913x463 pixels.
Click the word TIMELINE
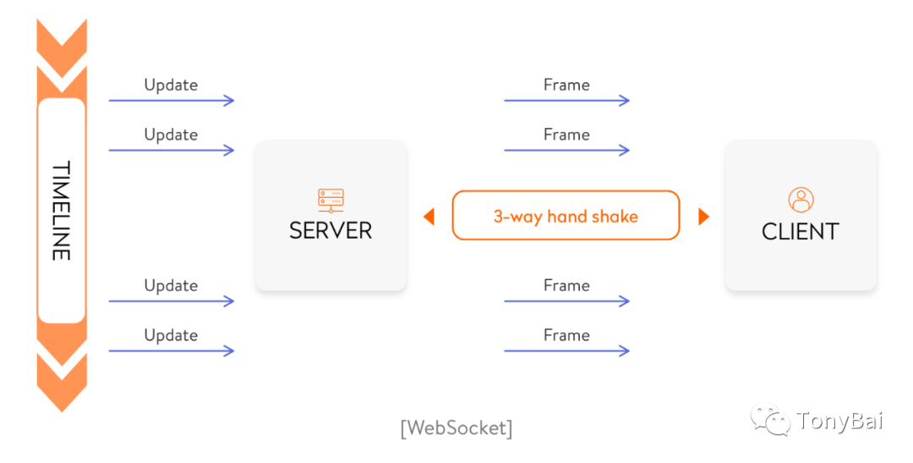[x=62, y=210]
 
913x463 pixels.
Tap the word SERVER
[x=331, y=231]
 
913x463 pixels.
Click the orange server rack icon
[x=331, y=201]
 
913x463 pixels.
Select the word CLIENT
[x=801, y=232]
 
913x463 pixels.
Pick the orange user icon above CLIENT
[x=801, y=200]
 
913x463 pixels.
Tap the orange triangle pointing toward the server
[x=429, y=217]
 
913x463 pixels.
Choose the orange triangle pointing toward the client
[x=704, y=217]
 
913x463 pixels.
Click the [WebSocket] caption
[x=456, y=428]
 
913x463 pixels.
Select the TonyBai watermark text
[x=839, y=421]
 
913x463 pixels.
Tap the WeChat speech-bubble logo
[x=771, y=419]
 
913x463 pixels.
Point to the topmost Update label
[x=171, y=85]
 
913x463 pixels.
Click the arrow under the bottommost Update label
[x=171, y=351]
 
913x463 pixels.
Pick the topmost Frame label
[x=566, y=85]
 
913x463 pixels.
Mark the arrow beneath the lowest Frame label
[x=566, y=351]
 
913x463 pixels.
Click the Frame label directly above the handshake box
[x=566, y=135]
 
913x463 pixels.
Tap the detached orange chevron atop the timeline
[x=62, y=47]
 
